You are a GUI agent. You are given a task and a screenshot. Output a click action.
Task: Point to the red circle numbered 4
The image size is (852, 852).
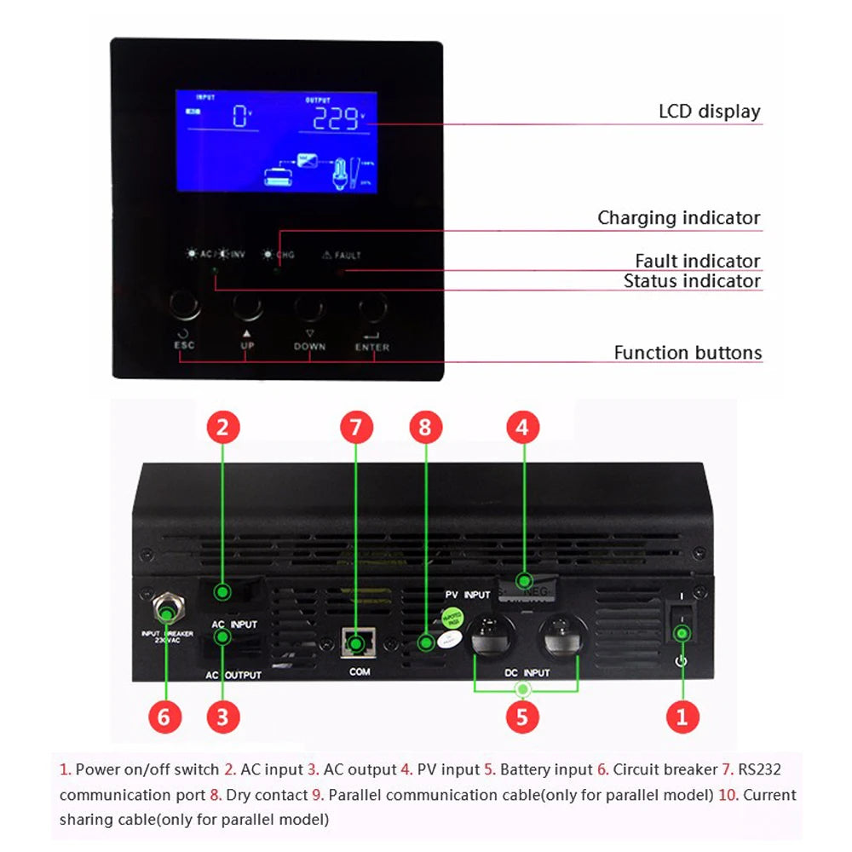tap(522, 426)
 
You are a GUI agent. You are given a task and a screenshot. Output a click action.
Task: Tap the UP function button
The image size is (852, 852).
tap(247, 306)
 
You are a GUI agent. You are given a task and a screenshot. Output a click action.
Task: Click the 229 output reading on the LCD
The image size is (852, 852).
tap(335, 119)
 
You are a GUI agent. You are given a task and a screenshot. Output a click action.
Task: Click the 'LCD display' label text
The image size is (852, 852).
tap(709, 112)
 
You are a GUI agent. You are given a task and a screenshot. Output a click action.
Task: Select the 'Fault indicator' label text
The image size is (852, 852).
tap(697, 261)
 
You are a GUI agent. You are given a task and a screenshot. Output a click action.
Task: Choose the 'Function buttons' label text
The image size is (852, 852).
tap(688, 353)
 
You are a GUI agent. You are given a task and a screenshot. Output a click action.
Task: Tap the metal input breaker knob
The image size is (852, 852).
tap(164, 610)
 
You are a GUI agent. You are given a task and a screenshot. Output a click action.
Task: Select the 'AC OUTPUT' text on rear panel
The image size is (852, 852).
tap(233, 675)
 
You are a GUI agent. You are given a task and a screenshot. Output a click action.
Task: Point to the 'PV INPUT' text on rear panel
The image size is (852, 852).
tap(468, 594)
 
